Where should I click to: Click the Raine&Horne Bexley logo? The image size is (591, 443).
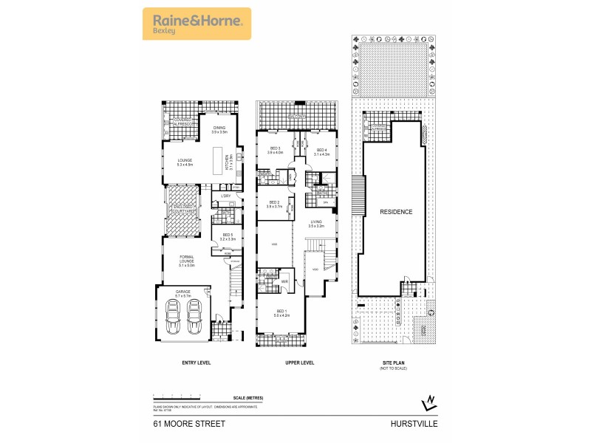click(196, 23)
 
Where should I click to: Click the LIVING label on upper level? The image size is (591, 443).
click(316, 221)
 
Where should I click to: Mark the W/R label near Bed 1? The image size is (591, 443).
click(284, 281)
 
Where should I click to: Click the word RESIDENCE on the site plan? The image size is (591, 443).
click(396, 212)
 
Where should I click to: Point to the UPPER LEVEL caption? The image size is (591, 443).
click(300, 363)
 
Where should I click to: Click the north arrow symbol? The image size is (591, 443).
click(428, 402)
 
